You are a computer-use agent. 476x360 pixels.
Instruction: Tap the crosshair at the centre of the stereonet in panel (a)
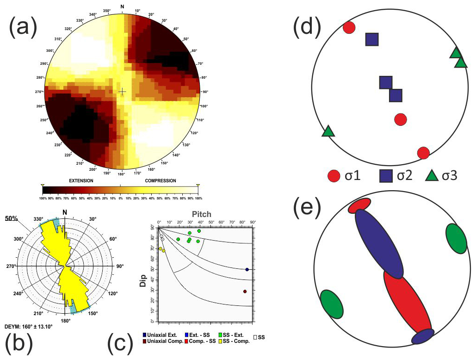click(x=122, y=92)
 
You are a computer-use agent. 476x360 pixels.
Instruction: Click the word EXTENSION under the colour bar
click(x=81, y=180)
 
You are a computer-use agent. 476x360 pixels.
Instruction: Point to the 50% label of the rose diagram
click(x=11, y=217)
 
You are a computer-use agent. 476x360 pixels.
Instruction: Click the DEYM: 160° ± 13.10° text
click(x=28, y=326)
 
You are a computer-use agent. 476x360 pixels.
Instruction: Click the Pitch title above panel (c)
click(x=202, y=214)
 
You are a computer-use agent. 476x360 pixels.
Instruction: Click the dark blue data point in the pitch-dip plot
click(x=247, y=269)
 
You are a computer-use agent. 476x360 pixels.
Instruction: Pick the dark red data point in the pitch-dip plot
click(x=245, y=292)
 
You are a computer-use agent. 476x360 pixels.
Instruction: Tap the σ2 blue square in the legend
click(x=387, y=176)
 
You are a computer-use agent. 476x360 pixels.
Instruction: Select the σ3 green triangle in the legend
click(x=432, y=176)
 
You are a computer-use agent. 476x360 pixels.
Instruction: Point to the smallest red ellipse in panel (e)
click(x=359, y=205)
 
